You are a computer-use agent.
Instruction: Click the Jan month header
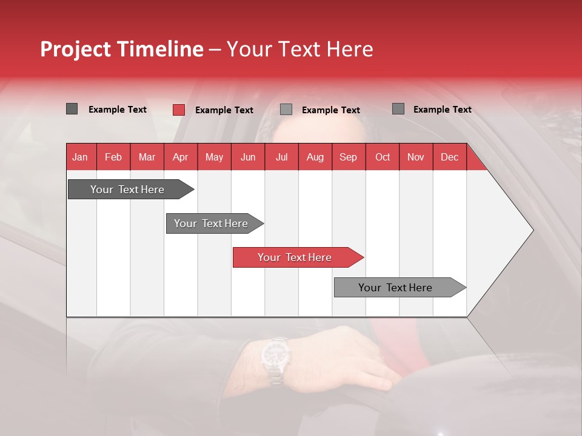click(80, 157)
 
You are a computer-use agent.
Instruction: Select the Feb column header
click(113, 157)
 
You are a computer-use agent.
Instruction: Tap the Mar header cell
click(147, 157)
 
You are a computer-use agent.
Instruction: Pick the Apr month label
click(181, 157)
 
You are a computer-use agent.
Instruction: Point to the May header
click(214, 157)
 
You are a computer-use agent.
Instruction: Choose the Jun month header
click(248, 157)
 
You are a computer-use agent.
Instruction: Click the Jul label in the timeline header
click(282, 157)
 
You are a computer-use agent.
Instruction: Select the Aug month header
click(315, 157)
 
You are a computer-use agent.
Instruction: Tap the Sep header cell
click(348, 157)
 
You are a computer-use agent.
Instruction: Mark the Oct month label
click(383, 157)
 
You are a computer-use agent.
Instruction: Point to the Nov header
click(416, 157)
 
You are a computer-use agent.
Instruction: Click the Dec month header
click(449, 157)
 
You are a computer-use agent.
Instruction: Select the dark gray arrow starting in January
click(131, 189)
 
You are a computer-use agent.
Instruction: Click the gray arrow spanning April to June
click(215, 223)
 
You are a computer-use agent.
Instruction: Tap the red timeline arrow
click(298, 257)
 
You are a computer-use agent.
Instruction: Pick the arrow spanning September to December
click(400, 287)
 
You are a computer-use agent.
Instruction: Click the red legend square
click(179, 110)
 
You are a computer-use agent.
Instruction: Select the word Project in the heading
click(75, 50)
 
